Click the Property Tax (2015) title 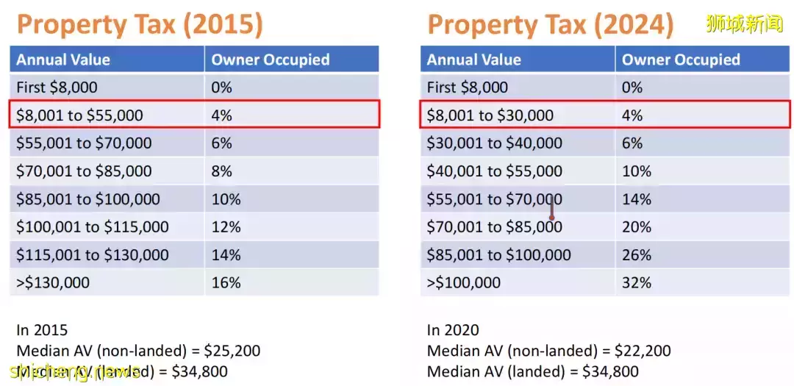pos(140,24)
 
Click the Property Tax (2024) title pos(550,24)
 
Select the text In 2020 pos(452,330)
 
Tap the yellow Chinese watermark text pos(743,24)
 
